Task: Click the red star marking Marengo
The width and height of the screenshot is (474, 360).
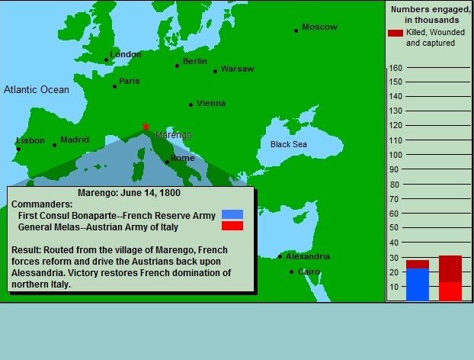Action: click(x=146, y=127)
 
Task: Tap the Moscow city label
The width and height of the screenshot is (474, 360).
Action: click(x=319, y=27)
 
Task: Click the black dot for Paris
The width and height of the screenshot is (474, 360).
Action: click(x=114, y=86)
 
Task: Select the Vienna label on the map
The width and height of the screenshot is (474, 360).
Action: click(x=211, y=103)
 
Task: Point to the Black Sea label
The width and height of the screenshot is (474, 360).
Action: click(x=289, y=144)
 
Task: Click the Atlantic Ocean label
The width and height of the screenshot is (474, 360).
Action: click(x=37, y=89)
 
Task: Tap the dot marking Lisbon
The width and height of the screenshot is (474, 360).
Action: click(x=18, y=149)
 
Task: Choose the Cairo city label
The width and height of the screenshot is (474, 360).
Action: click(x=309, y=272)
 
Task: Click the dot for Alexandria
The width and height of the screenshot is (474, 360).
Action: click(x=280, y=256)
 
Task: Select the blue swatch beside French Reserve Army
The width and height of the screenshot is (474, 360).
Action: click(x=232, y=214)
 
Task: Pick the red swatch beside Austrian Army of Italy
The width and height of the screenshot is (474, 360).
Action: click(x=232, y=226)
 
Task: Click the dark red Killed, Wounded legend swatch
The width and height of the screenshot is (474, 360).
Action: click(x=396, y=33)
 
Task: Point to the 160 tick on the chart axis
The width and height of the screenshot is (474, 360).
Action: click(x=396, y=68)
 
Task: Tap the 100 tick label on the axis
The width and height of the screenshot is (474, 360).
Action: click(x=396, y=155)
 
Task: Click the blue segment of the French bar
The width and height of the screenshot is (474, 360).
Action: click(x=418, y=284)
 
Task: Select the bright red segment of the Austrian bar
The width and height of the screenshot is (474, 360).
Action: click(x=450, y=291)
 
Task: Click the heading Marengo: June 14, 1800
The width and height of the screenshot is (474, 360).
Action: click(x=129, y=193)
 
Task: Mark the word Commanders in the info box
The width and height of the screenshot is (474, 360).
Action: click(x=41, y=204)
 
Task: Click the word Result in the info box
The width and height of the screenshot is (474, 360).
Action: click(x=25, y=250)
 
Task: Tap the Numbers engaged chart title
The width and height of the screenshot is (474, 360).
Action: click(x=431, y=14)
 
